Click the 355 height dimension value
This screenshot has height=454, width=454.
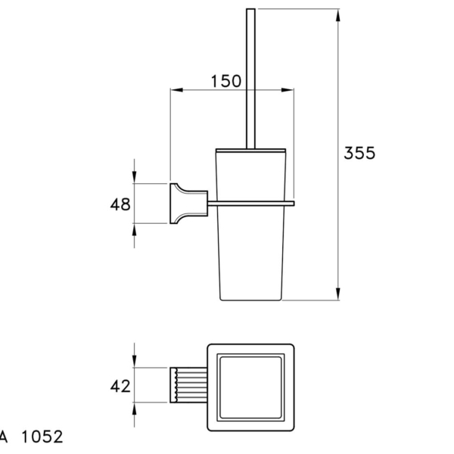(359, 153)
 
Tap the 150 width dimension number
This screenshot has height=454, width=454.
(225, 81)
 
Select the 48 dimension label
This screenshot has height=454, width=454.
(120, 204)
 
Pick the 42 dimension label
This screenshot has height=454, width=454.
(120, 386)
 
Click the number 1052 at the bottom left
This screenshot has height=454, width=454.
(42, 437)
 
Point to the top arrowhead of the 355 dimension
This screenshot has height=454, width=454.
(338, 15)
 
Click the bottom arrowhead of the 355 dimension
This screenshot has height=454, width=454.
(338, 294)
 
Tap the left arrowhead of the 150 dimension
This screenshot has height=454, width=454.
(177, 90)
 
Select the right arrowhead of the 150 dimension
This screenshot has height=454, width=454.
(288, 90)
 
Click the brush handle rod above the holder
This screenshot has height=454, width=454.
(250, 79)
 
